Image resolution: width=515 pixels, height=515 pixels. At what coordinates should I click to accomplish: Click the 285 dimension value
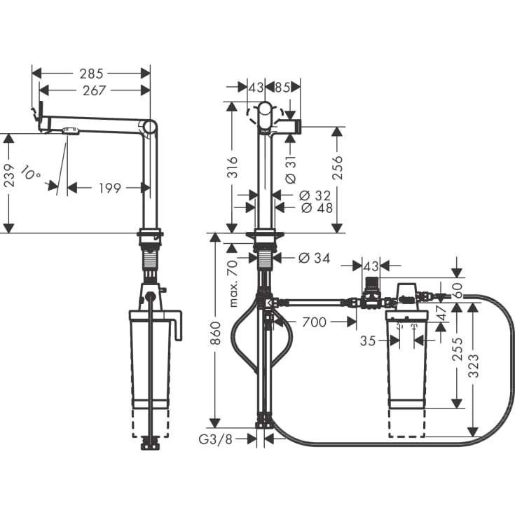tap(92, 73)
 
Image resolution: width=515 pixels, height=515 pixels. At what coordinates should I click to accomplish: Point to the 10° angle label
tap(30, 172)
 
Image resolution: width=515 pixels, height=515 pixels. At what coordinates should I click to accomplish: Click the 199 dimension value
tap(109, 188)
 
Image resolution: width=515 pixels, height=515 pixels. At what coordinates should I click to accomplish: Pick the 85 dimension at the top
tap(282, 87)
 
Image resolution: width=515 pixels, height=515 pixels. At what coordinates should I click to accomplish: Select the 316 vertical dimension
tap(233, 168)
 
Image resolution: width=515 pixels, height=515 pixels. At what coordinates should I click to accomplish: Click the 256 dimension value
tap(337, 168)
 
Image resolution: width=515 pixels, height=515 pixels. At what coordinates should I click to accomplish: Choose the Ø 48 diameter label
tap(315, 207)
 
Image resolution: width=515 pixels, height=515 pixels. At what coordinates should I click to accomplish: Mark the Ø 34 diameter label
tap(313, 258)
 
